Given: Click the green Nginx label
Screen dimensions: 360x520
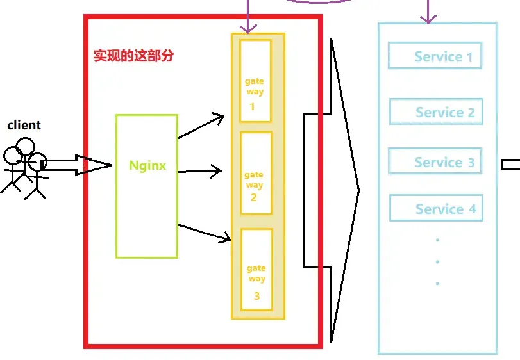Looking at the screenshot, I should click(147, 165).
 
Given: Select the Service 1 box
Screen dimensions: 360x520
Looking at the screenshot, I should click(434, 56).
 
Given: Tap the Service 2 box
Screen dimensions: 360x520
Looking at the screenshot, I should click(435, 112).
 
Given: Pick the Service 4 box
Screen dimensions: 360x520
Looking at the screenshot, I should click(435, 209).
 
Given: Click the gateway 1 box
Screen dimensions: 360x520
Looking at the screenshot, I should click(255, 81).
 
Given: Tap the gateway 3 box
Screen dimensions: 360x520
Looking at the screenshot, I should click(256, 270).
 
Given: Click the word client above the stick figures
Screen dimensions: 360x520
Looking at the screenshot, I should click(24, 126).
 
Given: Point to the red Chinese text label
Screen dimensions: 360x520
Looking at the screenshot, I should click(133, 56).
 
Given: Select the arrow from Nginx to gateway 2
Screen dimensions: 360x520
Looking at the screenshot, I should click(199, 171).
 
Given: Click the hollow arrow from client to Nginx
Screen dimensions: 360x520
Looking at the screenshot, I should click(77, 165).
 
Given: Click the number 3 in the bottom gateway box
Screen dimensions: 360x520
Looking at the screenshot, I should click(257, 296).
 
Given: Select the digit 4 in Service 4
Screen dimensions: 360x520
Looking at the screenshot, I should click(472, 209).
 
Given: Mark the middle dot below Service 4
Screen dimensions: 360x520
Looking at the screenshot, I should click(437, 262).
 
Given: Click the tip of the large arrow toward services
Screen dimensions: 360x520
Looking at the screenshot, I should click(358, 190).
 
